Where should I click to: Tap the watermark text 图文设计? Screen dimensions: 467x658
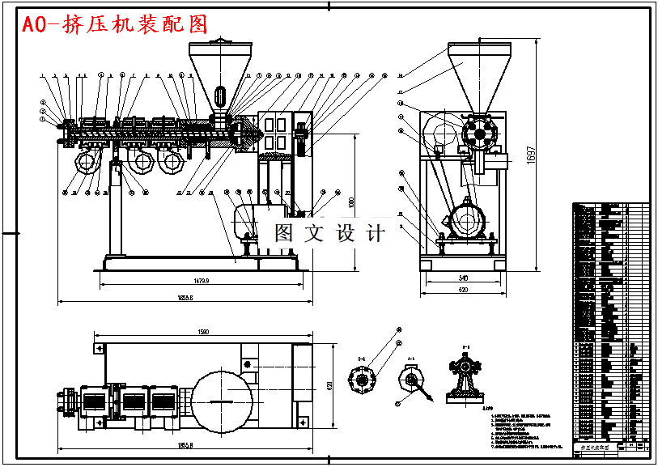(329, 233)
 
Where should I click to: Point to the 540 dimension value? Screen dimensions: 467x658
(463, 278)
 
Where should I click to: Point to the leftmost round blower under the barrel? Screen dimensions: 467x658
(86, 163)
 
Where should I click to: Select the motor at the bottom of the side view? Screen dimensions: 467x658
(467, 219)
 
